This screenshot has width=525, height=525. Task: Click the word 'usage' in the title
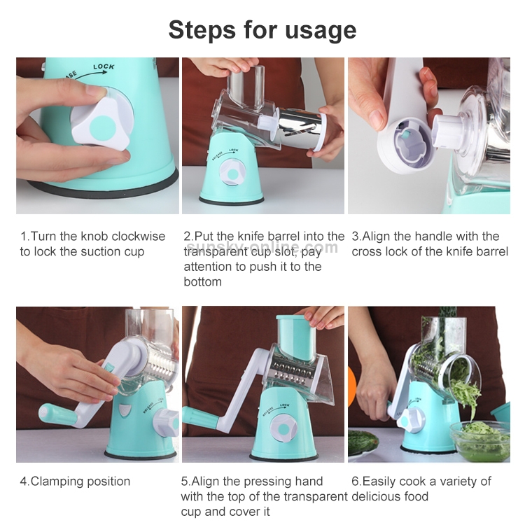pyautogui.click(x=321, y=31)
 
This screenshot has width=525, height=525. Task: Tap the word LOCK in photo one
pyautogui.click(x=104, y=67)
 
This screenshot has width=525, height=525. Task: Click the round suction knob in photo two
pyautogui.click(x=232, y=173)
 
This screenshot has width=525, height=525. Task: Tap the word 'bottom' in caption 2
pyautogui.click(x=202, y=281)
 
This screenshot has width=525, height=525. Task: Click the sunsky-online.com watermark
pyautogui.click(x=262, y=247)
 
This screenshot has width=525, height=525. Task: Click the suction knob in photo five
pyautogui.click(x=283, y=429)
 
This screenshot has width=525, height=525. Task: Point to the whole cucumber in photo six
pyautogui.click(x=363, y=442)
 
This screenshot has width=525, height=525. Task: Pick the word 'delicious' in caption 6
pyautogui.click(x=376, y=496)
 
